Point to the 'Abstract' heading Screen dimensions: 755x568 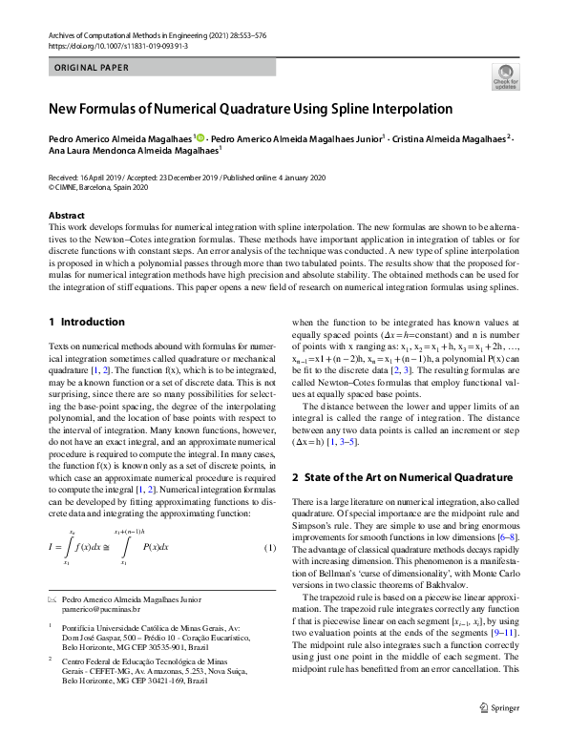[66, 216]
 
